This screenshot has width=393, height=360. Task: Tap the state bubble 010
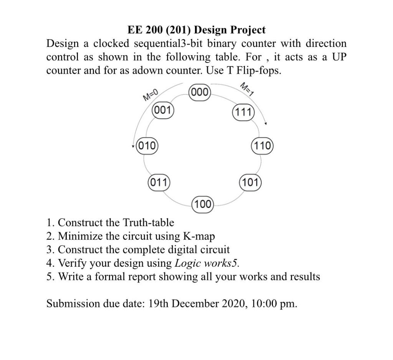click(x=147, y=145)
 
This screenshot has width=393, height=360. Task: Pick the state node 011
click(x=159, y=182)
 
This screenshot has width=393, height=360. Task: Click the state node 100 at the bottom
click(x=202, y=204)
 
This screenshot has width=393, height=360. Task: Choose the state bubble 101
click(x=250, y=182)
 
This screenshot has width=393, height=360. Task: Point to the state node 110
click(x=262, y=145)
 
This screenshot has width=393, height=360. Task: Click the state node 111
click(x=243, y=112)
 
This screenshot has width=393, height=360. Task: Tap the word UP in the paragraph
click(x=339, y=57)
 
